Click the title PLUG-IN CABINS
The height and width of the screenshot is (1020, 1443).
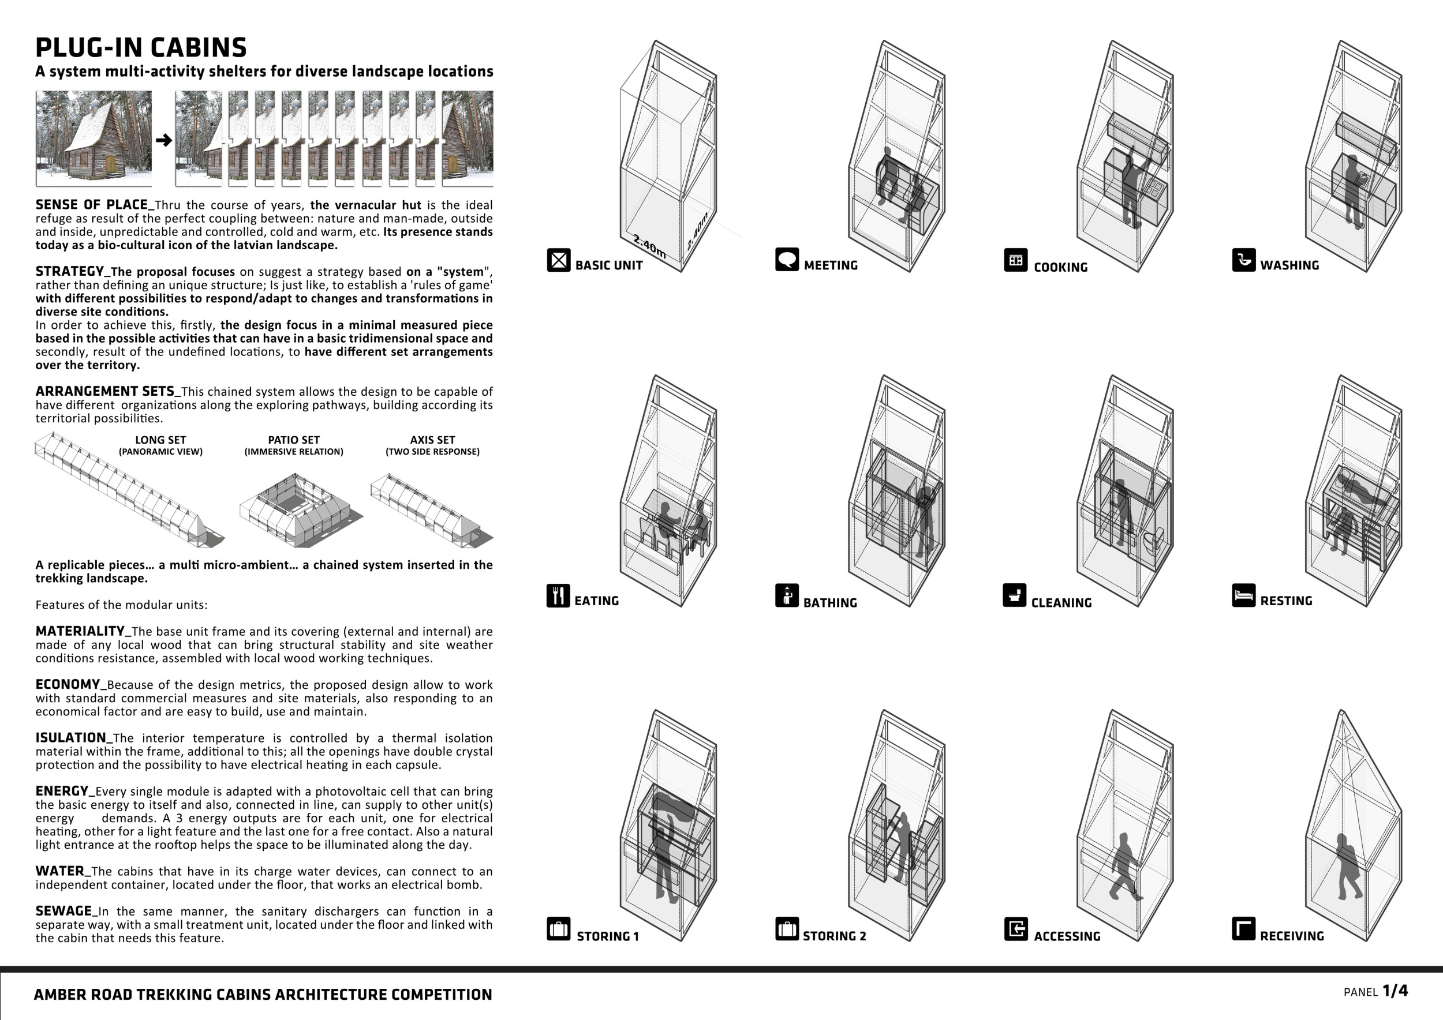(141, 48)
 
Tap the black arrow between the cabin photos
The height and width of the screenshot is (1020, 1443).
(163, 140)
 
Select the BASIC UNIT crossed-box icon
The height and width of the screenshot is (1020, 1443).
(558, 260)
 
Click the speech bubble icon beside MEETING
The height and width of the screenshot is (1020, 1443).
(787, 260)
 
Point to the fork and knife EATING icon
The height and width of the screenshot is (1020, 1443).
(558, 595)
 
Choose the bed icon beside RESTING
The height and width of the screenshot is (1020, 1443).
(1244, 595)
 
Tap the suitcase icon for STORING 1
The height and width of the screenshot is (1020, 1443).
(558, 929)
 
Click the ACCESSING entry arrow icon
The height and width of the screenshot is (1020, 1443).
(1016, 929)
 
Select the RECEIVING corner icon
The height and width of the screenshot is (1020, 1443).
(1244, 929)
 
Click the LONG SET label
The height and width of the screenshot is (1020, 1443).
(160, 440)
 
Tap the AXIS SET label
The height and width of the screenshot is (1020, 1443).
(432, 440)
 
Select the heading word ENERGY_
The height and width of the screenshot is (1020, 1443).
(62, 792)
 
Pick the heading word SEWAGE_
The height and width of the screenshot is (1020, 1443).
(63, 912)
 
